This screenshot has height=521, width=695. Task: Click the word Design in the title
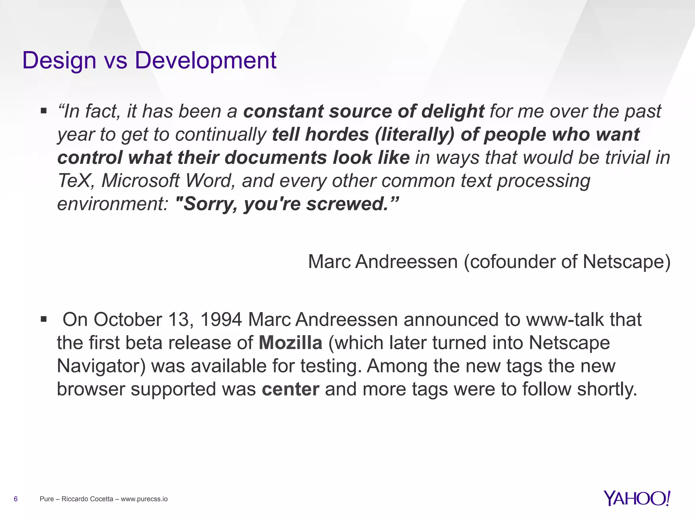pos(59,60)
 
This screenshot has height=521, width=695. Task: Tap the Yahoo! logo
pos(637,498)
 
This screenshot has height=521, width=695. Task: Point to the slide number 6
pos(16,499)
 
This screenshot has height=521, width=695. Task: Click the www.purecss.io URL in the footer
pos(144,499)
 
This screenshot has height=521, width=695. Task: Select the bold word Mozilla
pos(290,343)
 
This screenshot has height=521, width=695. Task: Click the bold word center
pos(290,389)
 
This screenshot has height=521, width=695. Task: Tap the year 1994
pos(221,320)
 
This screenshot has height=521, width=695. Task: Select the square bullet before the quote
pos(43,111)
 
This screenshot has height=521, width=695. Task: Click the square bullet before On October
pos(43,319)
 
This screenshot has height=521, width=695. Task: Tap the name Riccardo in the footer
pos(74,499)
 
